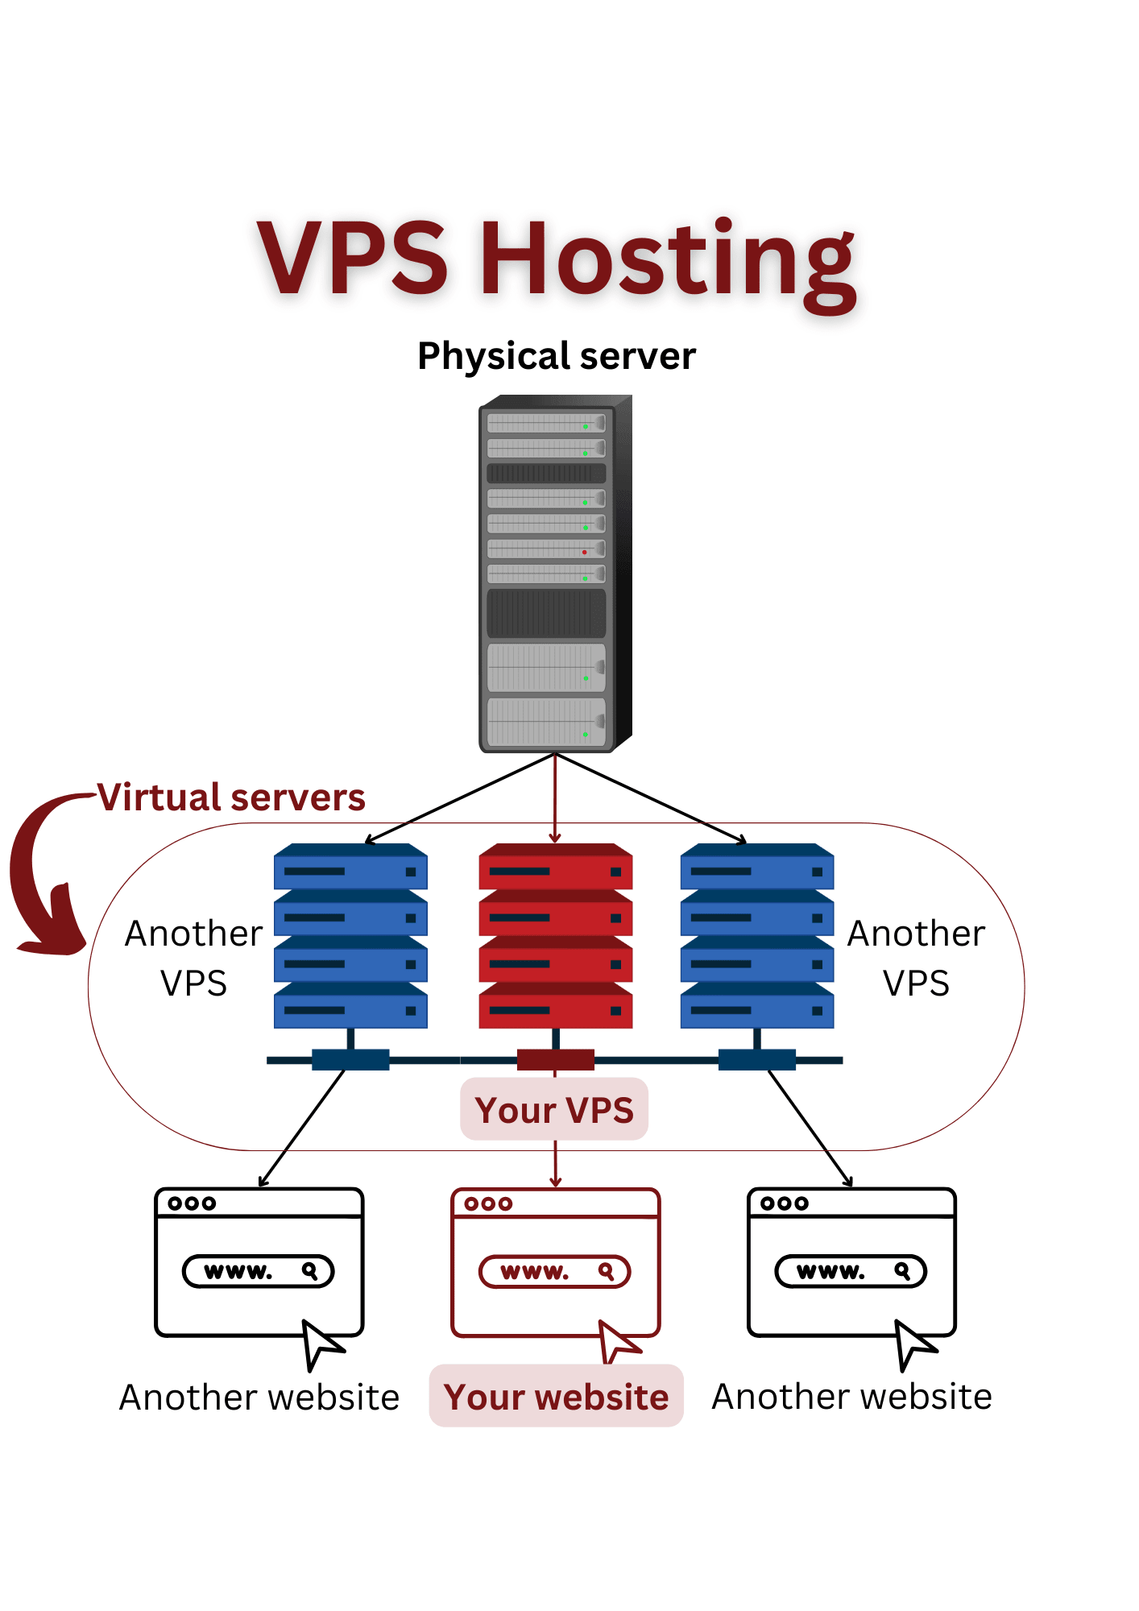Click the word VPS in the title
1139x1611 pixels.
pyautogui.click(x=352, y=258)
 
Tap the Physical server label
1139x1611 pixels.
pyautogui.click(x=556, y=356)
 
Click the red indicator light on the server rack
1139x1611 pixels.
pyautogui.click(x=585, y=553)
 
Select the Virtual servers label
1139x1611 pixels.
pyautogui.click(x=232, y=797)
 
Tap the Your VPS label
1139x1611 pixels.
pyautogui.click(x=554, y=1110)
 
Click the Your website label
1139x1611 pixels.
pyautogui.click(x=556, y=1397)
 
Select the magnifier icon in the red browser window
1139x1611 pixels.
pyautogui.click(x=607, y=1272)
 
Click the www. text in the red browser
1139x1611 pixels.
pyautogui.click(x=534, y=1272)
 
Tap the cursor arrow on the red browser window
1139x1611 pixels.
pyautogui.click(x=617, y=1341)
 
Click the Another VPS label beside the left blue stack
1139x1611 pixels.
pyautogui.click(x=193, y=959)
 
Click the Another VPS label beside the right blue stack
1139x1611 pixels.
pyautogui.click(x=916, y=959)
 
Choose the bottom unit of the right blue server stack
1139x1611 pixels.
pyautogui.click(x=757, y=1007)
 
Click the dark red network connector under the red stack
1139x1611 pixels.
pyautogui.click(x=556, y=1060)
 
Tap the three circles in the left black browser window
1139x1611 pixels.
pyautogui.click(x=192, y=1203)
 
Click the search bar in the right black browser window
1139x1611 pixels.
pyautogui.click(x=851, y=1272)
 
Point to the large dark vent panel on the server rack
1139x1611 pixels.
pyautogui.click(x=546, y=614)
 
